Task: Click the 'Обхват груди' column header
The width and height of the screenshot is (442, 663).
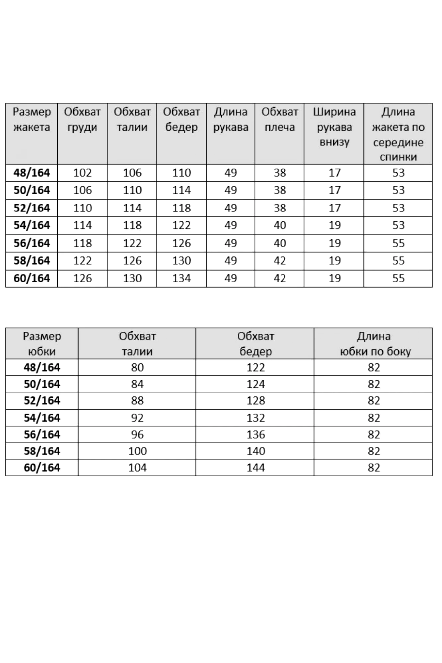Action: pos(82,120)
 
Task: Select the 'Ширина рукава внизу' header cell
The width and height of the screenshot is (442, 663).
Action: pos(334,127)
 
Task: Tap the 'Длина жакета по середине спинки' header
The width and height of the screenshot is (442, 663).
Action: pos(398,134)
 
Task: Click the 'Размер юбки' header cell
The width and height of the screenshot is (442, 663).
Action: pos(42,344)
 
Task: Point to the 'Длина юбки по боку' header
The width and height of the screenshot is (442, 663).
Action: pos(374,344)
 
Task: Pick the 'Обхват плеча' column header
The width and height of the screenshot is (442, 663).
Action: pos(280,120)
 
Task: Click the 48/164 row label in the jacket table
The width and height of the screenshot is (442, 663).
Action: pos(32,173)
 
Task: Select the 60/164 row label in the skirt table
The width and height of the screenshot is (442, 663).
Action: pos(42,468)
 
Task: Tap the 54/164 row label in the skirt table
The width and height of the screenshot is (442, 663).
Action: pos(42,418)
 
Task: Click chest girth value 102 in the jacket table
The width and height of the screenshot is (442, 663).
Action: pos(82,173)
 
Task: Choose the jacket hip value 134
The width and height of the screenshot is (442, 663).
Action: pos(181,278)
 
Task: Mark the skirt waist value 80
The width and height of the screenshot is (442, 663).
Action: pos(137,367)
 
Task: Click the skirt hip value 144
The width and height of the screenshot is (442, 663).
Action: pos(256,468)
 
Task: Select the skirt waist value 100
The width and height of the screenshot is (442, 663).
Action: pos(137,451)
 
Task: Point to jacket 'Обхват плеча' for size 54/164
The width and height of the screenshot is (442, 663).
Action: pos(280,225)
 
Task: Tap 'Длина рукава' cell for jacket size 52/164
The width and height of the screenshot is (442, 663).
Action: pos(231,208)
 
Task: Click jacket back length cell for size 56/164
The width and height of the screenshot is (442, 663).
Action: pos(398,243)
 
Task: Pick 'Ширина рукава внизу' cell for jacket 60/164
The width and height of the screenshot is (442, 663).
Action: pos(334,278)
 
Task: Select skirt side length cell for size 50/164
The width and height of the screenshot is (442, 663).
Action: pos(374,384)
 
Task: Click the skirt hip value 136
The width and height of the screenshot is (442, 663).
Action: pos(256,435)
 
